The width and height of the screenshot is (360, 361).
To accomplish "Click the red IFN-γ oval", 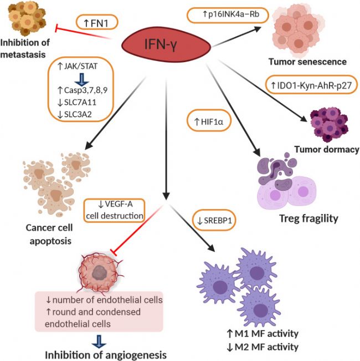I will pos(164,43).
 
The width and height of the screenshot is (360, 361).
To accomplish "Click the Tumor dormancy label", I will pos(326,149).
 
